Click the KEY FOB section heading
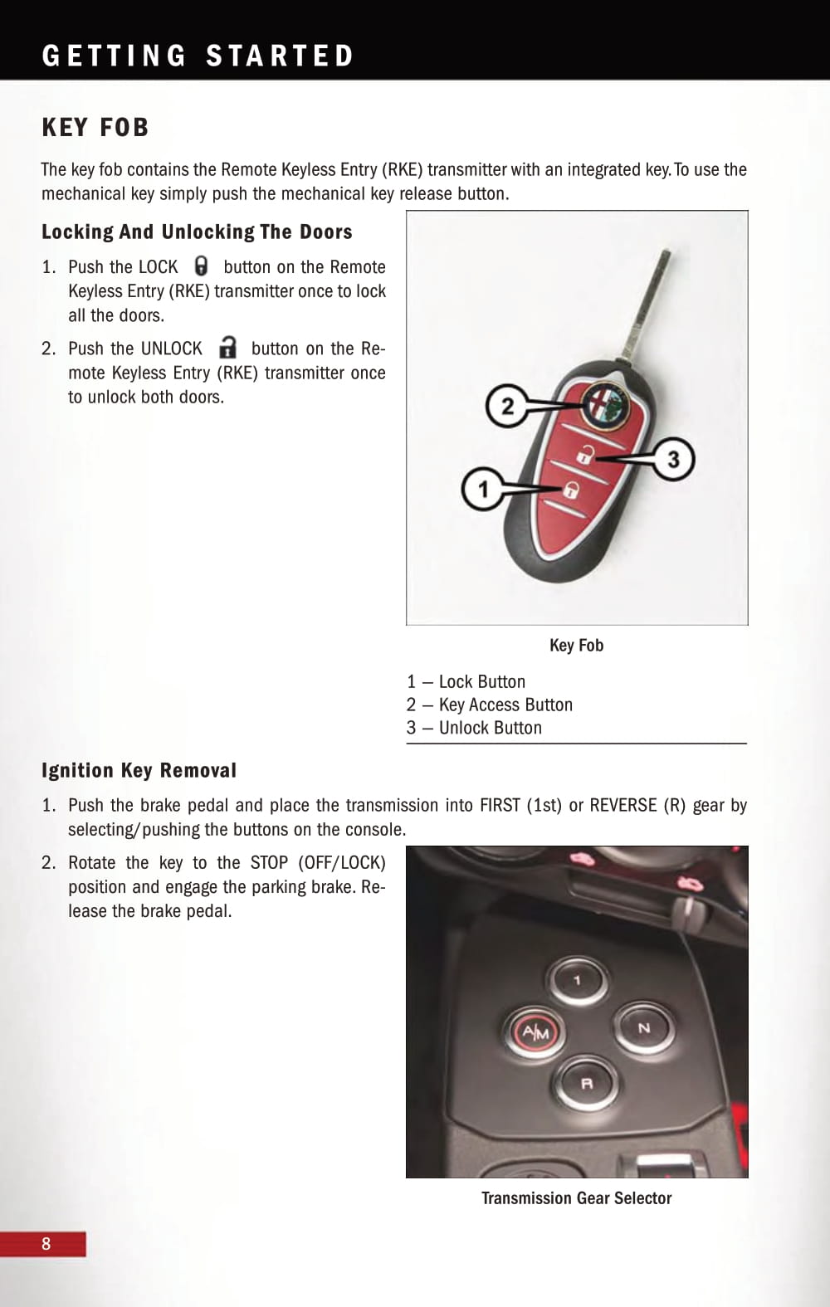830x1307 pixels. pos(95,127)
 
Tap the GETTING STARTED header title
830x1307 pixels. pos(198,56)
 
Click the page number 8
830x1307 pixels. pos(46,1243)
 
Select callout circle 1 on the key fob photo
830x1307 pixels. pos(483,489)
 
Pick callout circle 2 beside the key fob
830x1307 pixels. pos(508,406)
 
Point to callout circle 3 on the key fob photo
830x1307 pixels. pos(673,459)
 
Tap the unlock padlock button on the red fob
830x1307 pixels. pos(584,454)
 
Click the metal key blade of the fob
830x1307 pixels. pos(647,305)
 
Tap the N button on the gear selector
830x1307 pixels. pos(644,1028)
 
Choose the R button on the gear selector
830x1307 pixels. pos(586,1084)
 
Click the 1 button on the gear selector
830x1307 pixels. pos(577,980)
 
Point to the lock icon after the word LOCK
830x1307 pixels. pos(201,266)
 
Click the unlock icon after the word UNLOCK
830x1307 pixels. pos(227,347)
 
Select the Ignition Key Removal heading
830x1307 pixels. pos(139,770)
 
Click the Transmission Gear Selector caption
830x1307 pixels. pos(577,1198)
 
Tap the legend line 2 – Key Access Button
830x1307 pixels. pos(490,705)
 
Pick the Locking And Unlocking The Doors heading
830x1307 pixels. pos(197,232)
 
